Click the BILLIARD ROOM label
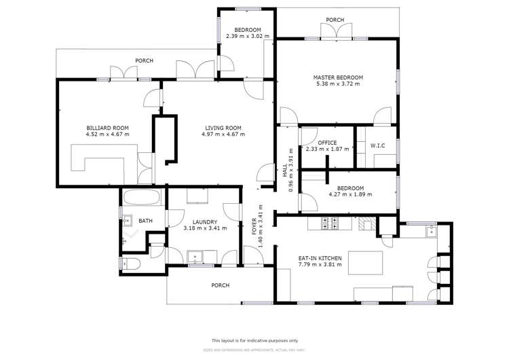click(107, 128)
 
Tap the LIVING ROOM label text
click(223, 128)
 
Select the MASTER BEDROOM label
click(337, 77)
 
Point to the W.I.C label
click(378, 145)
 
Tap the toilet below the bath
click(130, 264)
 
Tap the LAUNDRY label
click(204, 221)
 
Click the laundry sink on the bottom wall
click(197, 257)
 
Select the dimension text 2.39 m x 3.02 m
click(248, 37)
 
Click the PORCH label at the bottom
click(220, 285)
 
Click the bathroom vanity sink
click(126, 219)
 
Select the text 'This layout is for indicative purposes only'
click(254, 340)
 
